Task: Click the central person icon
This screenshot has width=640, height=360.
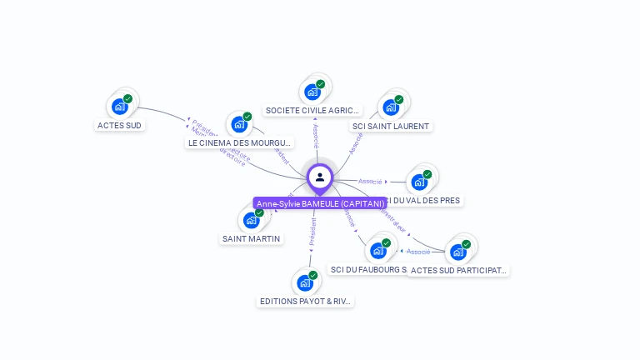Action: pos(320,177)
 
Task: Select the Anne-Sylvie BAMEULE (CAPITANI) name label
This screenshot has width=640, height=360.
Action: pos(320,203)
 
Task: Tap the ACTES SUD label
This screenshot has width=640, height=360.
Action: pos(120,126)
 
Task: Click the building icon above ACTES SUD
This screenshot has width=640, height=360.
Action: pos(120,106)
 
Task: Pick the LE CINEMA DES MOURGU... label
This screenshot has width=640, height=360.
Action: pos(239,142)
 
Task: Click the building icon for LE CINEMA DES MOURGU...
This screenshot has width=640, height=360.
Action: pos(240,124)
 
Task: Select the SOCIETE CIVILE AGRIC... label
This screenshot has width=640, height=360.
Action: pos(313,110)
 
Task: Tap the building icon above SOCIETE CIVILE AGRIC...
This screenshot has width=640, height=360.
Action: pos(312,91)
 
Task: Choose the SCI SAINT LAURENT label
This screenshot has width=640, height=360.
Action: pos(391,126)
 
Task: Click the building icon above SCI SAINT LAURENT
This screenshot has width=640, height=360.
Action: pos(391,107)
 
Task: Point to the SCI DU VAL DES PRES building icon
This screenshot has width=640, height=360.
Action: pos(419,182)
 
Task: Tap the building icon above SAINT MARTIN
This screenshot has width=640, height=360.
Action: pos(251,221)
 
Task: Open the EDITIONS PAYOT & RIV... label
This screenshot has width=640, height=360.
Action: pos(305,301)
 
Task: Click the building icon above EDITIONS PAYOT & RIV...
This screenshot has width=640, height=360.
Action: pos(305,282)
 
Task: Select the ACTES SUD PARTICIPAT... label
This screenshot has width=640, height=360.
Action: pos(458,270)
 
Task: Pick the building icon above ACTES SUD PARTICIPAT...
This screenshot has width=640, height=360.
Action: pos(458,251)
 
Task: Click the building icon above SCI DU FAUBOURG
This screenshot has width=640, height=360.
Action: pos(378,250)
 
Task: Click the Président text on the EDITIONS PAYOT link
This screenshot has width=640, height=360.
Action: pos(312,232)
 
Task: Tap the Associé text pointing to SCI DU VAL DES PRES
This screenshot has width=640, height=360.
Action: pos(370,181)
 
